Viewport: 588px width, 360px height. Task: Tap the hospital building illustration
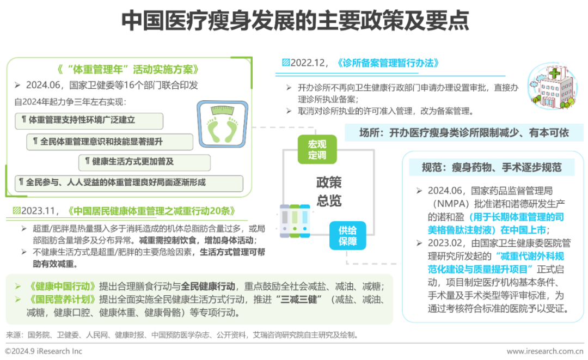point(552,87)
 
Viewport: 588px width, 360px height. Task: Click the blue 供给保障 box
point(347,236)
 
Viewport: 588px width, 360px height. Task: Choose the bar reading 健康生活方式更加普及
point(144,162)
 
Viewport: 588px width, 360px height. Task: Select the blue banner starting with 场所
point(464,132)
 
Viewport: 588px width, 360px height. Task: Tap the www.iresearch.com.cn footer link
point(546,352)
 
